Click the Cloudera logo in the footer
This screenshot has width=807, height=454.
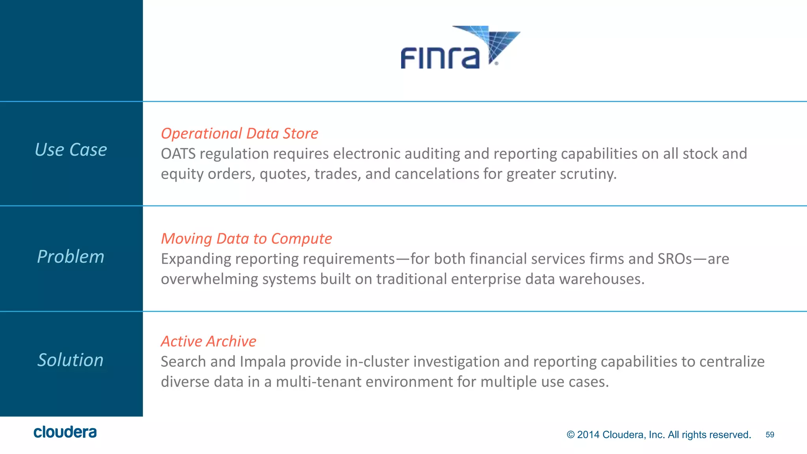(x=65, y=432)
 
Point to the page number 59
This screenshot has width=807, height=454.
(x=770, y=435)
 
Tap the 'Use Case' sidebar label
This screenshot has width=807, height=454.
(x=71, y=150)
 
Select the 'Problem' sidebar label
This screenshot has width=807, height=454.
(x=71, y=257)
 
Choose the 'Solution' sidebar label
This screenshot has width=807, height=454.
(x=71, y=360)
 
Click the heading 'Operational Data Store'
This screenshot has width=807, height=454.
(x=240, y=134)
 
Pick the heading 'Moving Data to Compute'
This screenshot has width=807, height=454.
(x=246, y=239)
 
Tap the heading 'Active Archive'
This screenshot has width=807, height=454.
(x=208, y=341)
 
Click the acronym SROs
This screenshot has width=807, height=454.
(x=675, y=259)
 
